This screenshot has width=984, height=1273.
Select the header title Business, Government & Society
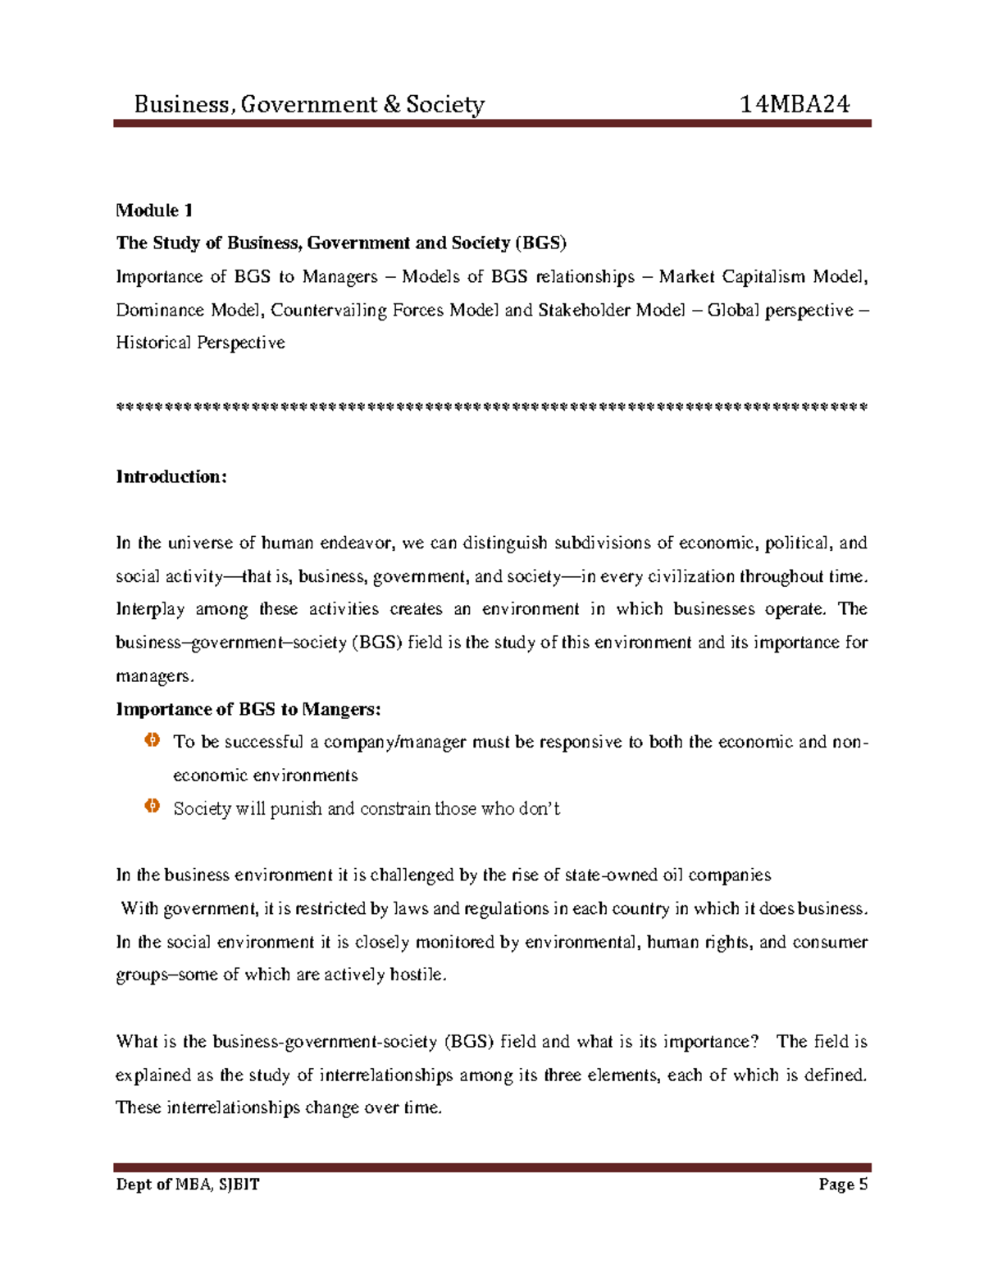click(309, 104)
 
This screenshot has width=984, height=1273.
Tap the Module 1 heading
click(154, 211)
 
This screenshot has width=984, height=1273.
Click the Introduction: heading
click(171, 477)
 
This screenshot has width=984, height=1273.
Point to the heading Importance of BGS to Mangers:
click(248, 709)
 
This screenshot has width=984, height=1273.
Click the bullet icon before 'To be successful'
click(152, 741)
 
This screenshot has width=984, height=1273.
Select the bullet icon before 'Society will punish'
click(152, 807)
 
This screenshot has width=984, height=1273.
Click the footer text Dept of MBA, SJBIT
click(188, 1184)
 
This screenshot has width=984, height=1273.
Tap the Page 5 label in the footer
click(842, 1184)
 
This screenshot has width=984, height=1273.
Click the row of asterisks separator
click(492, 407)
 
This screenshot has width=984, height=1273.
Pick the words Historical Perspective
click(200, 343)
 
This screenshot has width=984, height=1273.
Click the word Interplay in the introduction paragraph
click(150, 609)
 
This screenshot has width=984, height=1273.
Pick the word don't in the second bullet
click(540, 808)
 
